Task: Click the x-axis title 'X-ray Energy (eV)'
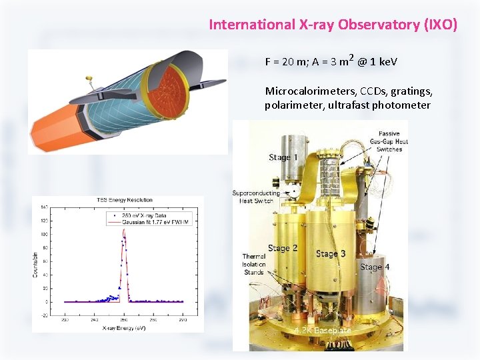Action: (125, 327)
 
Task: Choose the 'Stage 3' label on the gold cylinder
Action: (331, 254)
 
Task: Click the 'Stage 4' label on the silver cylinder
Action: (375, 267)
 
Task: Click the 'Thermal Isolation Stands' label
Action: (254, 264)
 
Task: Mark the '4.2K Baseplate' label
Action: (323, 330)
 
